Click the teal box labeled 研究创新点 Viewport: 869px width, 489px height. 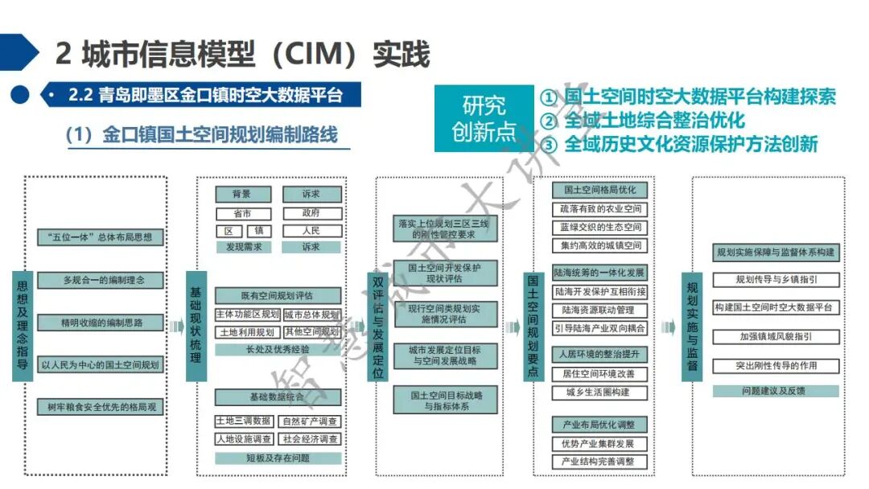pyautogui.click(x=484, y=118)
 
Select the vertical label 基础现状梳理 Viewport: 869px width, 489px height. pyautogui.click(x=196, y=326)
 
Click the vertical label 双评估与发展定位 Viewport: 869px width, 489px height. pyautogui.click(x=379, y=326)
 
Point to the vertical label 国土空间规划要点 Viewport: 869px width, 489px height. pyautogui.click(x=533, y=326)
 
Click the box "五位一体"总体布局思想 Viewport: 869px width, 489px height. pyautogui.click(x=101, y=237)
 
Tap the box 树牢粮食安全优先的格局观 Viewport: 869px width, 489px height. pyautogui.click(x=101, y=408)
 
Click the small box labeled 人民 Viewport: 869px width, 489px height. pyautogui.click(x=311, y=230)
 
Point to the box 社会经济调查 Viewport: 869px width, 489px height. pyautogui.click(x=311, y=439)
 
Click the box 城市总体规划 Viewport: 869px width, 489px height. pyautogui.click(x=311, y=314)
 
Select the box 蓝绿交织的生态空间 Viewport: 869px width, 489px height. pyautogui.click(x=601, y=228)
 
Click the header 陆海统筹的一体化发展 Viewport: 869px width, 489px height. pyautogui.click(x=600, y=273)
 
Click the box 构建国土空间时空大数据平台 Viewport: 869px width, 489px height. pyautogui.click(x=776, y=307)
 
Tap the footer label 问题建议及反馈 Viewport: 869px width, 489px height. pyautogui.click(x=776, y=391)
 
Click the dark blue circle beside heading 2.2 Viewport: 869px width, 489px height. pyautogui.click(x=20, y=95)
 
